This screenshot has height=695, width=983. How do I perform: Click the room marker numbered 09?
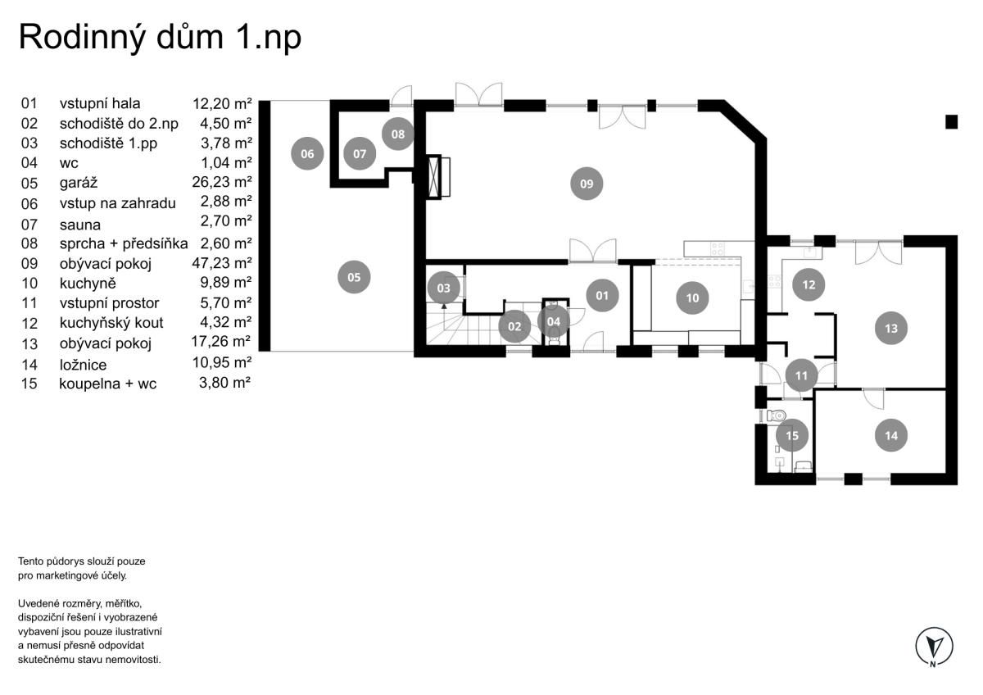[x=587, y=184]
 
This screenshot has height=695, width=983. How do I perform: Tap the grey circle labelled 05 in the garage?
[x=354, y=277]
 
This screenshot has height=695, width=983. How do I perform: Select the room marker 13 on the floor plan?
[x=891, y=328]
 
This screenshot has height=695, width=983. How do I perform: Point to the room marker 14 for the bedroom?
[x=891, y=435]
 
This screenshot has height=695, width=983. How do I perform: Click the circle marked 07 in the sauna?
[x=360, y=153]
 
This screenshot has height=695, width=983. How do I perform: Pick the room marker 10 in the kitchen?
[x=692, y=298]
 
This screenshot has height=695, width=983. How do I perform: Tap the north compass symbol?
[x=934, y=647]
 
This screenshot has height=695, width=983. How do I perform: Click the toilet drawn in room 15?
[x=776, y=415]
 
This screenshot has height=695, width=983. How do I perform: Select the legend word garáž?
[x=79, y=183]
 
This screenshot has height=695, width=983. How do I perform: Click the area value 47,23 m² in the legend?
[x=222, y=263]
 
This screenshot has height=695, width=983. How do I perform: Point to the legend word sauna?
[x=80, y=225]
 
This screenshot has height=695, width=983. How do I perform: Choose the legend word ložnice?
[x=83, y=365]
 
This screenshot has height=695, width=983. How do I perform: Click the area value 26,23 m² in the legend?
[x=222, y=182]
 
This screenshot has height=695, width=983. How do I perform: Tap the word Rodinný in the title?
[x=82, y=39]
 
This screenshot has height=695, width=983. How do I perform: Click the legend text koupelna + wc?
[x=107, y=384]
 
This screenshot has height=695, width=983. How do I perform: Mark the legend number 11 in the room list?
[x=29, y=303]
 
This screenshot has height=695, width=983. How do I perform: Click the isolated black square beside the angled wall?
[x=951, y=121]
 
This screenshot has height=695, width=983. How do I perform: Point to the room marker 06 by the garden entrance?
[x=307, y=153]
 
